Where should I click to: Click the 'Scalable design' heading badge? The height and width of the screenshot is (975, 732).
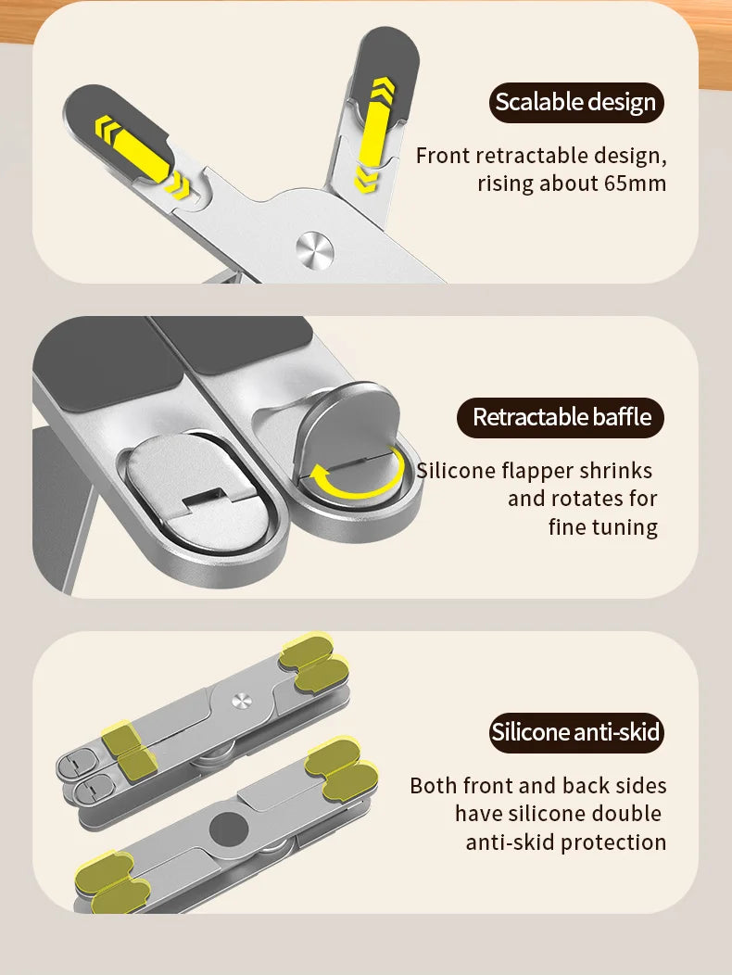pos(576,103)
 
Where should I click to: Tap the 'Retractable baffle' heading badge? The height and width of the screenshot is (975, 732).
pos(561,417)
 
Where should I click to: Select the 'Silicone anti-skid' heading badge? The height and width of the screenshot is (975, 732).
pos(576,732)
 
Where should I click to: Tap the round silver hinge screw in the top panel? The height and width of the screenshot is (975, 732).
pos(315,250)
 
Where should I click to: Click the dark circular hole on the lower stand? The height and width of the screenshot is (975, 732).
pos(229,830)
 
